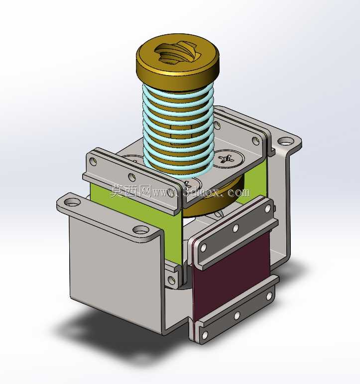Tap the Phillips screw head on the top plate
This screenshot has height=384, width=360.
(228, 159)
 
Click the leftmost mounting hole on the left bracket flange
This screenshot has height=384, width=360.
(73, 202)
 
